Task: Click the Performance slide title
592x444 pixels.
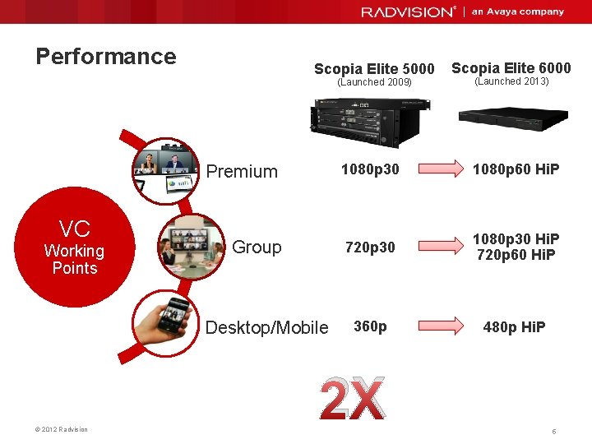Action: coord(106,57)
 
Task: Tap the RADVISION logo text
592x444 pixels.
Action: coord(407,12)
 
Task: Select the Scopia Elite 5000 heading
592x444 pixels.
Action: coord(374,69)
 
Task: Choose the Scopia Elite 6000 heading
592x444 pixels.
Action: coord(511,67)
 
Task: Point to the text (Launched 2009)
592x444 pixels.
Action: coord(374,82)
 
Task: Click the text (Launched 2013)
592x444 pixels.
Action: coord(511,81)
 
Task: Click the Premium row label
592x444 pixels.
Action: coord(242,172)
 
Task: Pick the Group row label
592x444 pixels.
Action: coord(257,247)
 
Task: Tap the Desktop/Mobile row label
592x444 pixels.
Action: coord(266,328)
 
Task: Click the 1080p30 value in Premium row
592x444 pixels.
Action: coord(370,169)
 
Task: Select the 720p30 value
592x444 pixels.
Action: coord(370,247)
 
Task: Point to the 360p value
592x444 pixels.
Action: coord(370,326)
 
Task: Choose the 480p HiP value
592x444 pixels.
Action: coord(514,326)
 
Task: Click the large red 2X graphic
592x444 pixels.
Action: coord(352,400)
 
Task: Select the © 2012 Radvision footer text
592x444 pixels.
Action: coord(63,429)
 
